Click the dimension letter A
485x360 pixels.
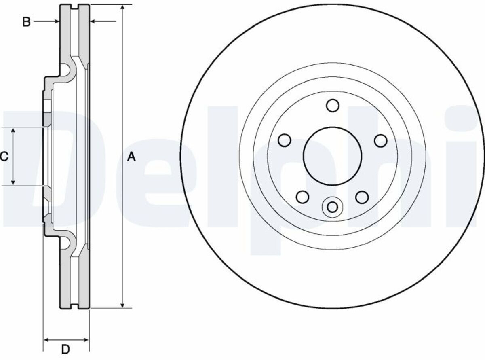click(131, 157)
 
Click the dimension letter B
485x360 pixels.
click(26, 22)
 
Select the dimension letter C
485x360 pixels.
click(4, 157)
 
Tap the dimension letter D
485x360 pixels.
click(65, 349)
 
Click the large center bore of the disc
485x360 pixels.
click(332, 156)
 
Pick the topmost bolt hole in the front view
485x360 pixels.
click(333, 105)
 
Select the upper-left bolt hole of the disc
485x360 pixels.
click(285, 140)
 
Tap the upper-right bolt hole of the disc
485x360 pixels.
click(381, 140)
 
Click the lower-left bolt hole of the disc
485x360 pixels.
click(302, 197)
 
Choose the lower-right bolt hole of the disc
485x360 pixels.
click(362, 197)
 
